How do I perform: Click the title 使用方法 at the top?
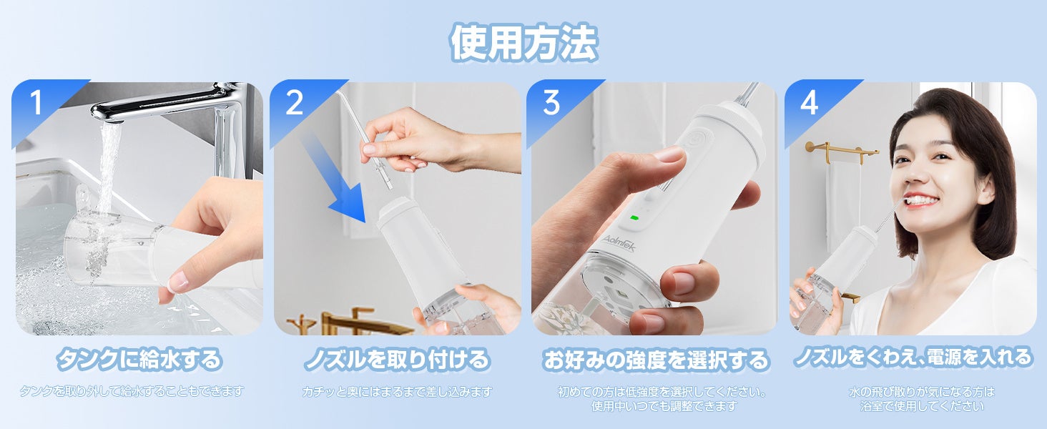523,42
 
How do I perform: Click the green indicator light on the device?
634,217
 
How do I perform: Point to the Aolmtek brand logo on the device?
619,243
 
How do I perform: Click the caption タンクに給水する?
139,360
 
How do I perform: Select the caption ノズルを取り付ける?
397,360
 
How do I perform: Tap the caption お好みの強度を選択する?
656,360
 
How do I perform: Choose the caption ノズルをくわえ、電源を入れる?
913,357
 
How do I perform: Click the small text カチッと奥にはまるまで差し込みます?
397,392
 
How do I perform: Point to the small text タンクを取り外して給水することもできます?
132,390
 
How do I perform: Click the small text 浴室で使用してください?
922,406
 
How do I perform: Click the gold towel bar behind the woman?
841,150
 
